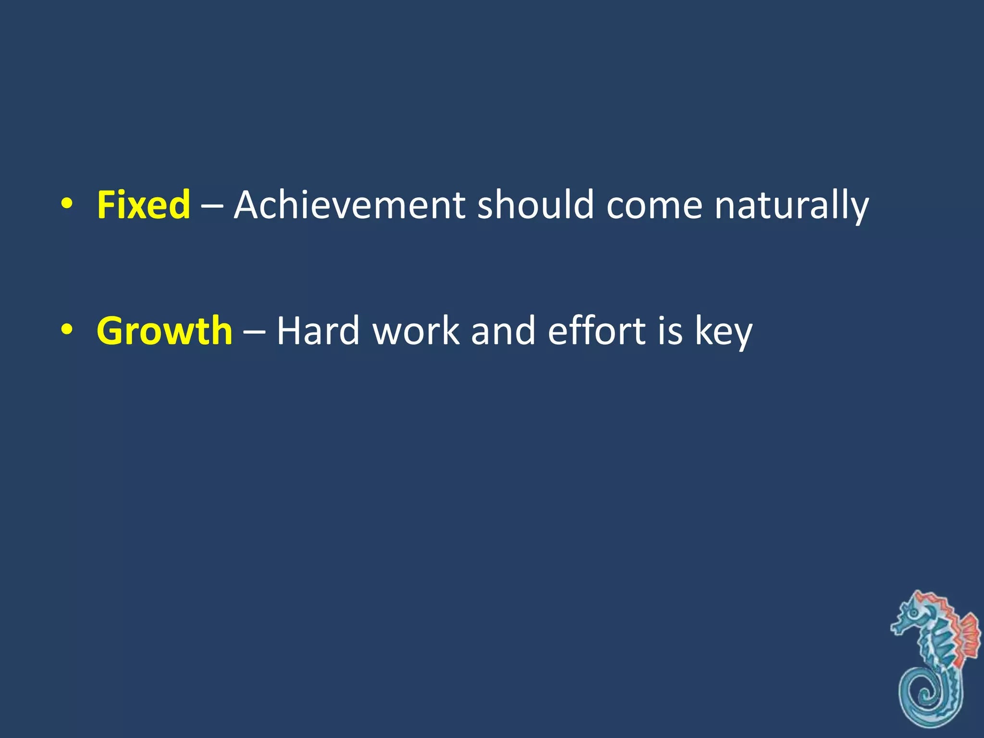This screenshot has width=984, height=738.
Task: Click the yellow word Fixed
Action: click(143, 205)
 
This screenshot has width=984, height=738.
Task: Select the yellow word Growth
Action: click(164, 331)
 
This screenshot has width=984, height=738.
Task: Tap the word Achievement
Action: click(349, 205)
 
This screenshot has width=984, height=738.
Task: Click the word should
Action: click(535, 205)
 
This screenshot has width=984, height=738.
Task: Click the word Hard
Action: click(318, 331)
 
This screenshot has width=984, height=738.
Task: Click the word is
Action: click(670, 331)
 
